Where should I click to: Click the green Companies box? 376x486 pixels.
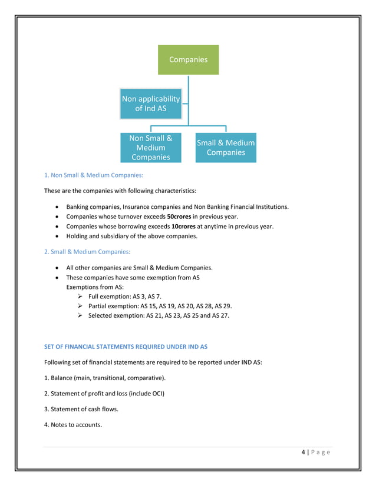188,59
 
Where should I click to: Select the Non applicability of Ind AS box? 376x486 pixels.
151,104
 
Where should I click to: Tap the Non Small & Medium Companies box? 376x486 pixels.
151,148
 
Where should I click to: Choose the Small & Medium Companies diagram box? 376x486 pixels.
226,148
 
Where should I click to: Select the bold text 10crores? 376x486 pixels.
183,227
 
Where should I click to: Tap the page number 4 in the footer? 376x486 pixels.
303,452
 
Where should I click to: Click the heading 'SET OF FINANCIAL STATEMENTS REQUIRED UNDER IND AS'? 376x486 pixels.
126,347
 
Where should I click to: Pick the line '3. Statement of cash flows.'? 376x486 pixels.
77,409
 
